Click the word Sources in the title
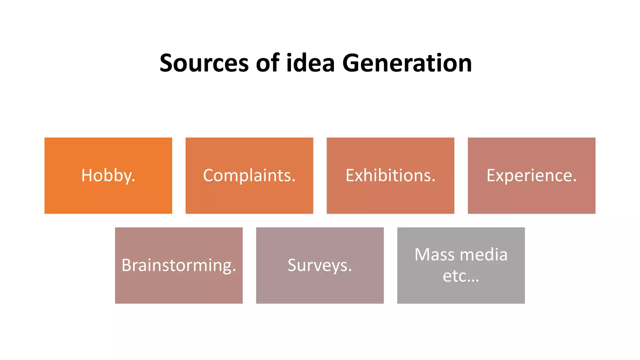204,63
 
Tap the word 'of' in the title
267,63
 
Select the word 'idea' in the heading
311,63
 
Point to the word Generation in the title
407,63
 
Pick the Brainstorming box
179,287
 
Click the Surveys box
320,287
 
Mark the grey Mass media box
461,294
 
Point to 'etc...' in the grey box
461,276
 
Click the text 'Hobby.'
108,176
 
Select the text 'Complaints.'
249,176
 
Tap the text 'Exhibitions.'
390,176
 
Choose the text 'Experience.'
531,176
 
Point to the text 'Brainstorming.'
179,266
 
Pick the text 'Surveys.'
320,266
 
